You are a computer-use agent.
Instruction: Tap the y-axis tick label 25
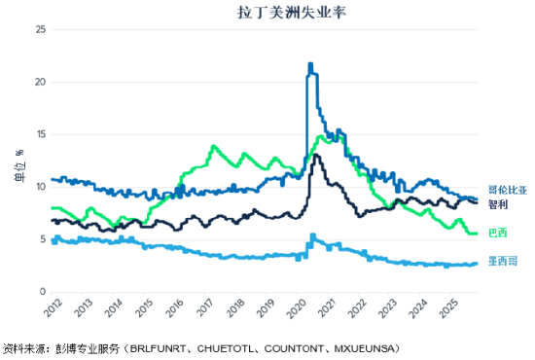click(40, 29)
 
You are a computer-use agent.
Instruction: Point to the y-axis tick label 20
click(40, 82)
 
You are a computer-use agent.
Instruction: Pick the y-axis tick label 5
click(43, 239)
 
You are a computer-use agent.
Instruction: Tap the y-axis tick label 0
click(43, 292)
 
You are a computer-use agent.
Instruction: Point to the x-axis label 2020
click(297, 310)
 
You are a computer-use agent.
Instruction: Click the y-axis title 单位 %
click(18, 162)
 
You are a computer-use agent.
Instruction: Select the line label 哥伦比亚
click(505, 191)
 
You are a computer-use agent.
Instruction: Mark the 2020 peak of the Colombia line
click(310, 65)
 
